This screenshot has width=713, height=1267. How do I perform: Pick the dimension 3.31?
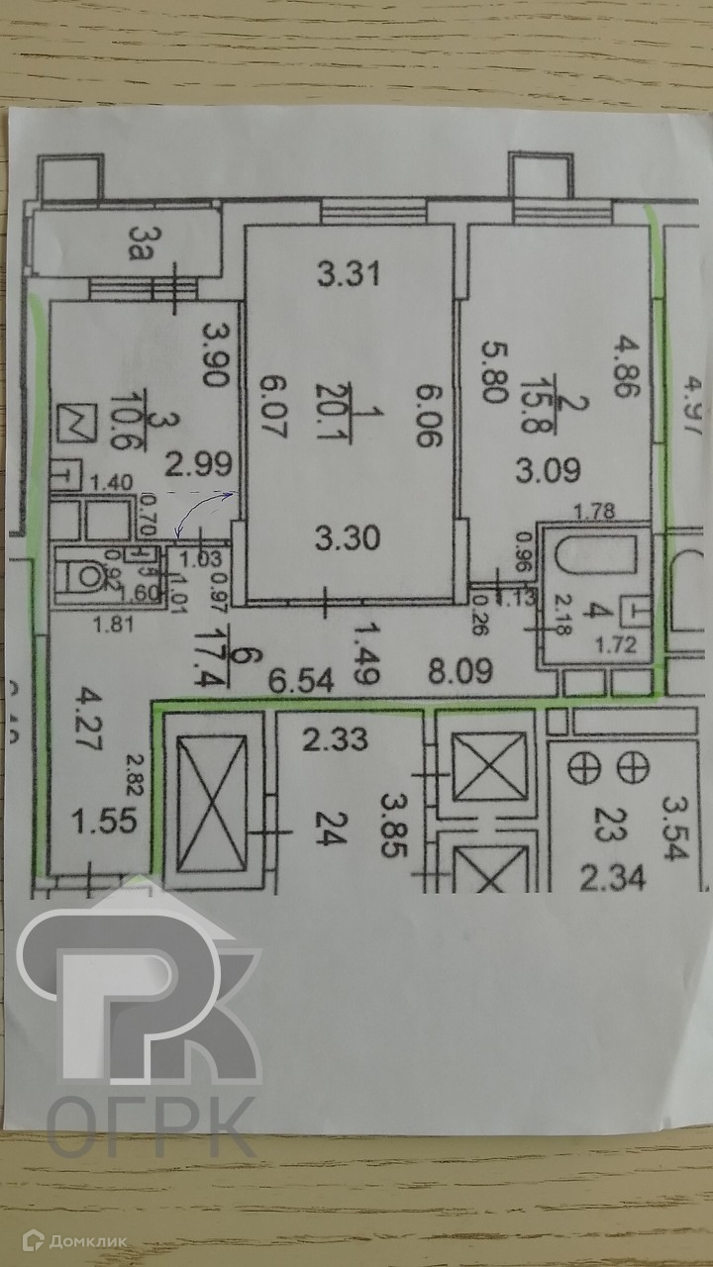[x=348, y=273]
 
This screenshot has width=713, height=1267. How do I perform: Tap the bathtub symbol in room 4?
[x=596, y=556]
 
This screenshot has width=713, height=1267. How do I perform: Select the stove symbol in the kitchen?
[x=77, y=424]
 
